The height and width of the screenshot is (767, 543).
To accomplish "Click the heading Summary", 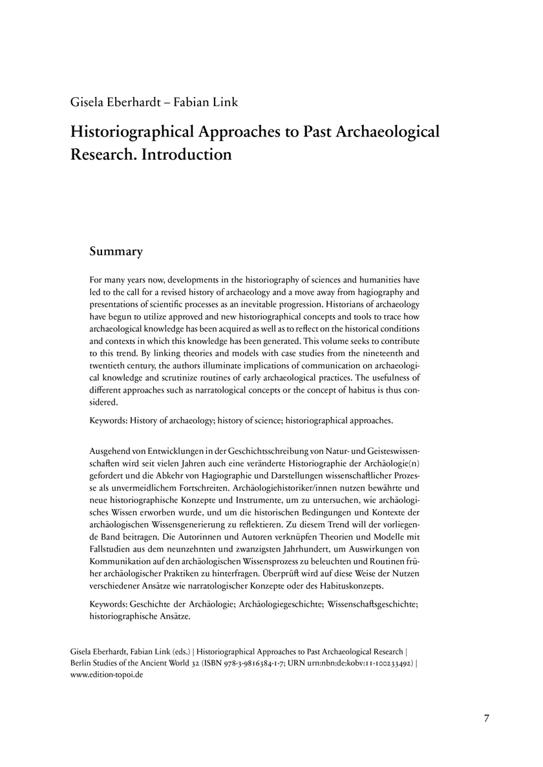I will (x=116, y=252).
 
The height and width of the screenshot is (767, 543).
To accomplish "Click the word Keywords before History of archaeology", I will (x=109, y=420).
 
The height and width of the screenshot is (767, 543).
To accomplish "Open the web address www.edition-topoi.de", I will (x=106, y=675).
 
